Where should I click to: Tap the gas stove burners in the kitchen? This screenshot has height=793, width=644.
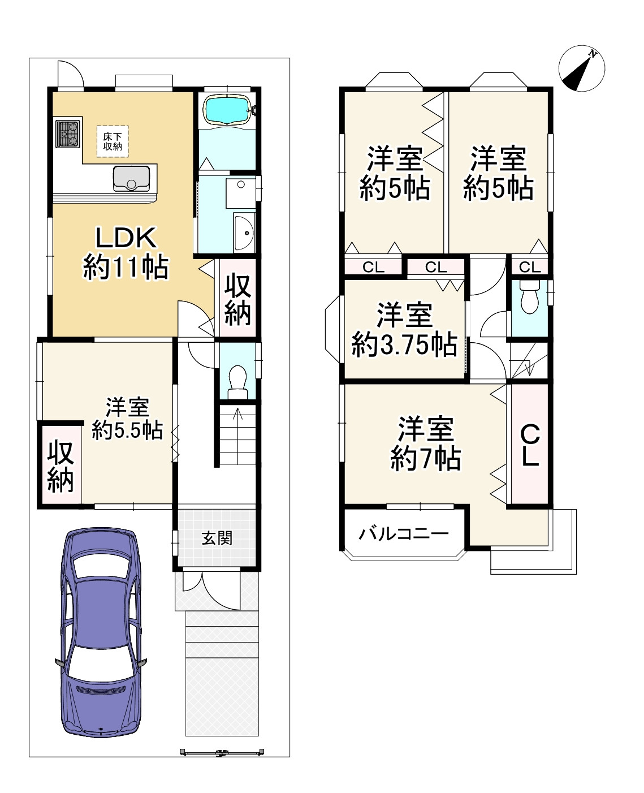tap(68, 133)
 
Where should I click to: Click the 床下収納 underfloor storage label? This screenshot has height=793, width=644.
tap(113, 141)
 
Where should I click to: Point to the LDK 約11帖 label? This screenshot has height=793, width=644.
tap(126, 253)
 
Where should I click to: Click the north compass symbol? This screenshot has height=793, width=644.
tap(581, 68)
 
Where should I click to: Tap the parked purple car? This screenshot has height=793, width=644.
tap(101, 632)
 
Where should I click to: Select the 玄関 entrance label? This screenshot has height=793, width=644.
tap(217, 538)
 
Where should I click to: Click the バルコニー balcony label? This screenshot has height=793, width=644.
tap(404, 535)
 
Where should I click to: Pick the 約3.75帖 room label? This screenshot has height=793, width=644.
tap(404, 330)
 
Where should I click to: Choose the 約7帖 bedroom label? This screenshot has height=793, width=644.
tap(426, 444)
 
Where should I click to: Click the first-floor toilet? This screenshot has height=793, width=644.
tap(237, 382)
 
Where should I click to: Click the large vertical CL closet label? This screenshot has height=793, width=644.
tap(530, 445)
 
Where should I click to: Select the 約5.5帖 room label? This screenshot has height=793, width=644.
tap(127, 419)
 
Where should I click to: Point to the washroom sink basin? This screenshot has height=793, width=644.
tap(244, 232)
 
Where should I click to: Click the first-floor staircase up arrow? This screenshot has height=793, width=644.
tap(237, 435)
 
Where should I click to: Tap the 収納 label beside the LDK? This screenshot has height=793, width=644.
tap(237, 299)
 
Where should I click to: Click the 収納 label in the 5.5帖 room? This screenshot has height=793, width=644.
tap(60, 466)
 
